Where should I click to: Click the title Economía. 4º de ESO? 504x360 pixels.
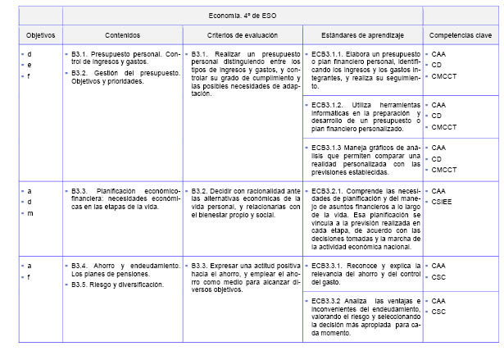click(242, 15)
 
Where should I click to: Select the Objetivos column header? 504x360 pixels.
click(40, 35)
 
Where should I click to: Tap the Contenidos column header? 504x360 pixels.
click(122, 35)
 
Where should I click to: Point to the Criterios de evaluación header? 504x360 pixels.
click(242, 35)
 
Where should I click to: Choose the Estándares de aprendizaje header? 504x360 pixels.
click(361, 35)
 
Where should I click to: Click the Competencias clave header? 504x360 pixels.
click(460, 35)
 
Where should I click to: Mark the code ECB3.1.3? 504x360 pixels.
click(328, 148)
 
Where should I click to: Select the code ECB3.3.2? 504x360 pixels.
click(328, 301)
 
